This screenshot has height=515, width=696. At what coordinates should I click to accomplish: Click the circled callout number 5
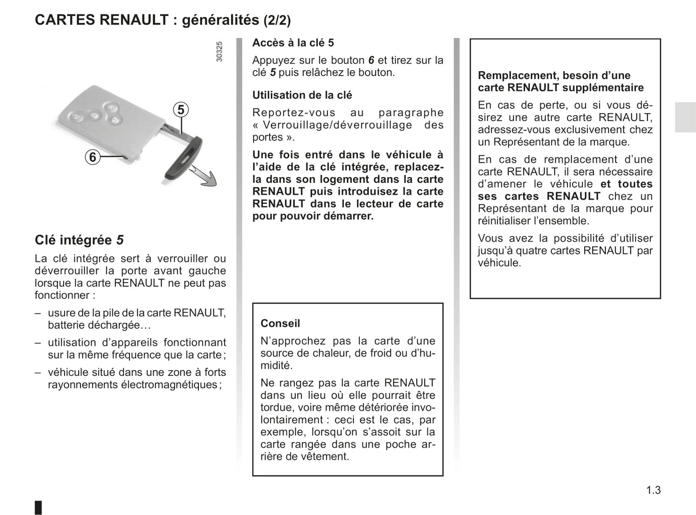181,110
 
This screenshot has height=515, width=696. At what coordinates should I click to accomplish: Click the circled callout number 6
92,157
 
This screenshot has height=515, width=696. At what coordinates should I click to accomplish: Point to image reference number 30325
219,51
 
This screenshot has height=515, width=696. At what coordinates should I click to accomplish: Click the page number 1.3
653,490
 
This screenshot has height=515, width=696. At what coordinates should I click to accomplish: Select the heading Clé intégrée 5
79,240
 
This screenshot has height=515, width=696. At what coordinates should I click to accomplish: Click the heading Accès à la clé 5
293,43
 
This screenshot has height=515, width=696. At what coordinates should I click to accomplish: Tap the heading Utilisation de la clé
302,95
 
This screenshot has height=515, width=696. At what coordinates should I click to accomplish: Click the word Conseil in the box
280,323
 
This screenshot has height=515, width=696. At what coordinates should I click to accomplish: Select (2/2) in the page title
277,20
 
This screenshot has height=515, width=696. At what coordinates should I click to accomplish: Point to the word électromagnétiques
169,385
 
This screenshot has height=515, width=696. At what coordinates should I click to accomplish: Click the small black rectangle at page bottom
39,507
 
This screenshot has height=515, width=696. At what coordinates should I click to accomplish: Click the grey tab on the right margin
685,117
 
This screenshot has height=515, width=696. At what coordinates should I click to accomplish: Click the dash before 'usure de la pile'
38,313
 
